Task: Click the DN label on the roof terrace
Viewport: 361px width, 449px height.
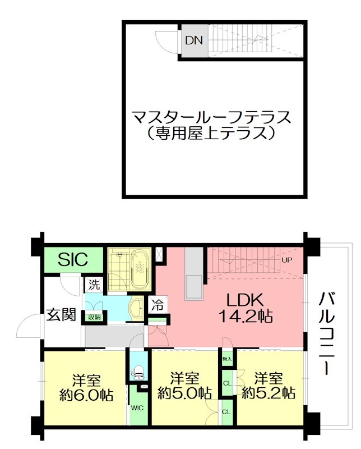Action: point(194,40)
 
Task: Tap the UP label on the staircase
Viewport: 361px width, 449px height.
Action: point(287,260)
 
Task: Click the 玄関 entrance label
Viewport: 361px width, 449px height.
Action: point(61,314)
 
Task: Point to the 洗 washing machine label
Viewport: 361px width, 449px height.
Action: point(93,285)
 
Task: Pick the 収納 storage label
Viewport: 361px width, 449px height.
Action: point(94,317)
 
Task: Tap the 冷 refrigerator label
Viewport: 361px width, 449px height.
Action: point(158,306)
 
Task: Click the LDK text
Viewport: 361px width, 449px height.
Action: point(244,300)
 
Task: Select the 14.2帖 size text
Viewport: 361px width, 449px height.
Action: point(245,317)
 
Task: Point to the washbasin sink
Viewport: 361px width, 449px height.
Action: point(136,308)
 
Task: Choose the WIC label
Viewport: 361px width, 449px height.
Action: point(137,408)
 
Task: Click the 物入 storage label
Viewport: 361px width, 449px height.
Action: point(227,358)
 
